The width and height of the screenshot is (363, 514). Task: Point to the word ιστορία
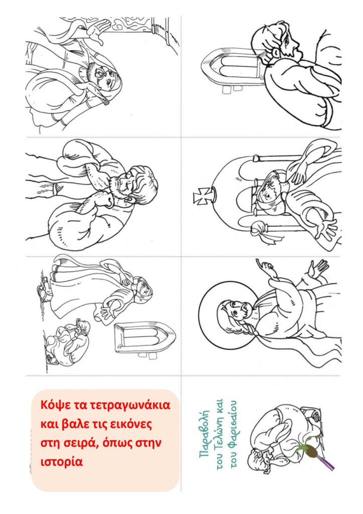[62, 462]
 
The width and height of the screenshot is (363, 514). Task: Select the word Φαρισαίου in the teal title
[233, 433]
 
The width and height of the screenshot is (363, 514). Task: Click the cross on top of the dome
[201, 198]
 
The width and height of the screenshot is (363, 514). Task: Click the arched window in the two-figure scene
[144, 339]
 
